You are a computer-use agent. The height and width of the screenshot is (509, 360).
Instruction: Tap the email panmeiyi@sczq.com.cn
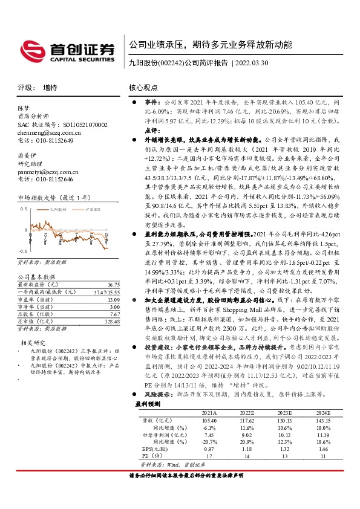click(x=46, y=172)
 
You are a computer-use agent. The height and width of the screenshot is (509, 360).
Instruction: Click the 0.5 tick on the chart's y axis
click(x=24, y=209)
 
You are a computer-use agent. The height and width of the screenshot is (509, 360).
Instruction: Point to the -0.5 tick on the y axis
click(x=23, y=250)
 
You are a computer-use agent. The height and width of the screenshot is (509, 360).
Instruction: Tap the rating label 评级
click(x=25, y=87)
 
